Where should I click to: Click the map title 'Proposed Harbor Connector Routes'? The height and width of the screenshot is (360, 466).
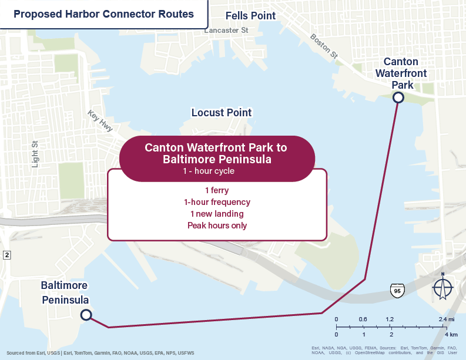coord(103,14)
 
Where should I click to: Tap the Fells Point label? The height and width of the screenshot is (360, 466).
coord(251,16)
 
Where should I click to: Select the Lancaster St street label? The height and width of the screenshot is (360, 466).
coord(226,30)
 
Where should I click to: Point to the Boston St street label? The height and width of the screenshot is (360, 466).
coord(324,46)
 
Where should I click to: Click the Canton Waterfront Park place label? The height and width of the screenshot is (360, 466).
coord(401,73)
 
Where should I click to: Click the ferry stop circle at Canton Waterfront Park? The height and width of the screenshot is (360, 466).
coord(398,97)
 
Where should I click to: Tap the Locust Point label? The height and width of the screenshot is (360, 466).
coord(222,112)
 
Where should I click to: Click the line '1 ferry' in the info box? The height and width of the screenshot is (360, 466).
coord(217,190)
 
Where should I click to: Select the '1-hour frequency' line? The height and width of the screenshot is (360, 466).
coord(217,202)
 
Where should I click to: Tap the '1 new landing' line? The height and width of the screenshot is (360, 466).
coord(217,214)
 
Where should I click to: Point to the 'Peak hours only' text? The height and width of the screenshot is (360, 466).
coord(217,226)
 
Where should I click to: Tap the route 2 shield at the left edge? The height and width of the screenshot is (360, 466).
coord(6,255)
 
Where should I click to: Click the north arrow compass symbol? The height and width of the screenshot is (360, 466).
coord(442,288)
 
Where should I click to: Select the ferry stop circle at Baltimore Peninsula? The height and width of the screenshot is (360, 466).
coord(86,315)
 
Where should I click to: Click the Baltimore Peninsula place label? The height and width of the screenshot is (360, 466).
coord(65,292)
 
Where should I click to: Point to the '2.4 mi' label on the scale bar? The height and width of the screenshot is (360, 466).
coord(446,319)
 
